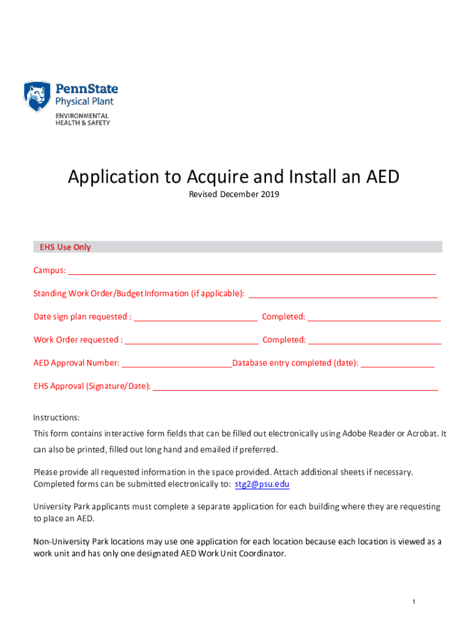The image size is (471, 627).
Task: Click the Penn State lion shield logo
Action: (x=37, y=97)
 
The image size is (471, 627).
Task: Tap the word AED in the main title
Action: (x=382, y=177)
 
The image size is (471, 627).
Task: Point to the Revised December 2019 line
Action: (x=234, y=195)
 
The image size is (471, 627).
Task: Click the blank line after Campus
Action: (x=251, y=270)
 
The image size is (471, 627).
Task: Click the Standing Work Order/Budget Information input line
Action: (x=342, y=293)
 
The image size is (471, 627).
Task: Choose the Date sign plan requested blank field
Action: (x=195, y=317)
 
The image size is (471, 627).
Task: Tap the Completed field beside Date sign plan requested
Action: (x=374, y=317)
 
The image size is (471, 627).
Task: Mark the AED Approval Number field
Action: (x=177, y=363)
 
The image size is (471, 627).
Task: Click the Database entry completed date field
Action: (x=398, y=363)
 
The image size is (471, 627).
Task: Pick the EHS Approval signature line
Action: (x=295, y=386)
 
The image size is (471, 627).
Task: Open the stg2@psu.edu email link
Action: (x=262, y=484)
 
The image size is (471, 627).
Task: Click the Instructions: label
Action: (x=56, y=418)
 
